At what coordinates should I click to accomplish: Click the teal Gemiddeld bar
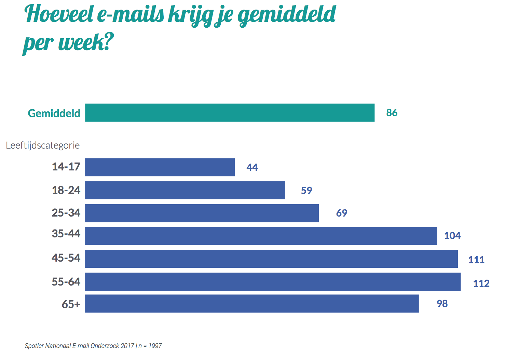pos(230,113)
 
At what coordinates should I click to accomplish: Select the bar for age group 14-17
pos(160,167)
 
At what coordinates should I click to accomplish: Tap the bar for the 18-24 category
pos(185,190)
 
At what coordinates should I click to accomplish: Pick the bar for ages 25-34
pos(202,213)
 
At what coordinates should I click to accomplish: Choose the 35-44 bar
pos(261,236)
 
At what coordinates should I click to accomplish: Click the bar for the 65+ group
pos(252,303)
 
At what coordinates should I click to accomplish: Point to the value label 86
pos(392,113)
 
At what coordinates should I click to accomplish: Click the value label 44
pos(252,167)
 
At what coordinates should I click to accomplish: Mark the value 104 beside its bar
pos(452,236)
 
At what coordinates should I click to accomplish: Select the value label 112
pos(481,283)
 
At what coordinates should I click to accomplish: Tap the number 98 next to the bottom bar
pos(442,304)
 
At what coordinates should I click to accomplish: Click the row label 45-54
pos(66,258)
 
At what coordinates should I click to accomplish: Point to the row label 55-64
pos(66,282)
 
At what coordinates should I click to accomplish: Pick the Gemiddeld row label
pos(54,113)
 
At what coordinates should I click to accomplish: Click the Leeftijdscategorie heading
pos(43,146)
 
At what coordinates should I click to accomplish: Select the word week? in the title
pos(86,43)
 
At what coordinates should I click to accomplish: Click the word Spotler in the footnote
pos(34,346)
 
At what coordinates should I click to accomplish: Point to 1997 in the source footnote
pos(155,346)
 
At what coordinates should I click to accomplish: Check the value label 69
pos(342,213)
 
